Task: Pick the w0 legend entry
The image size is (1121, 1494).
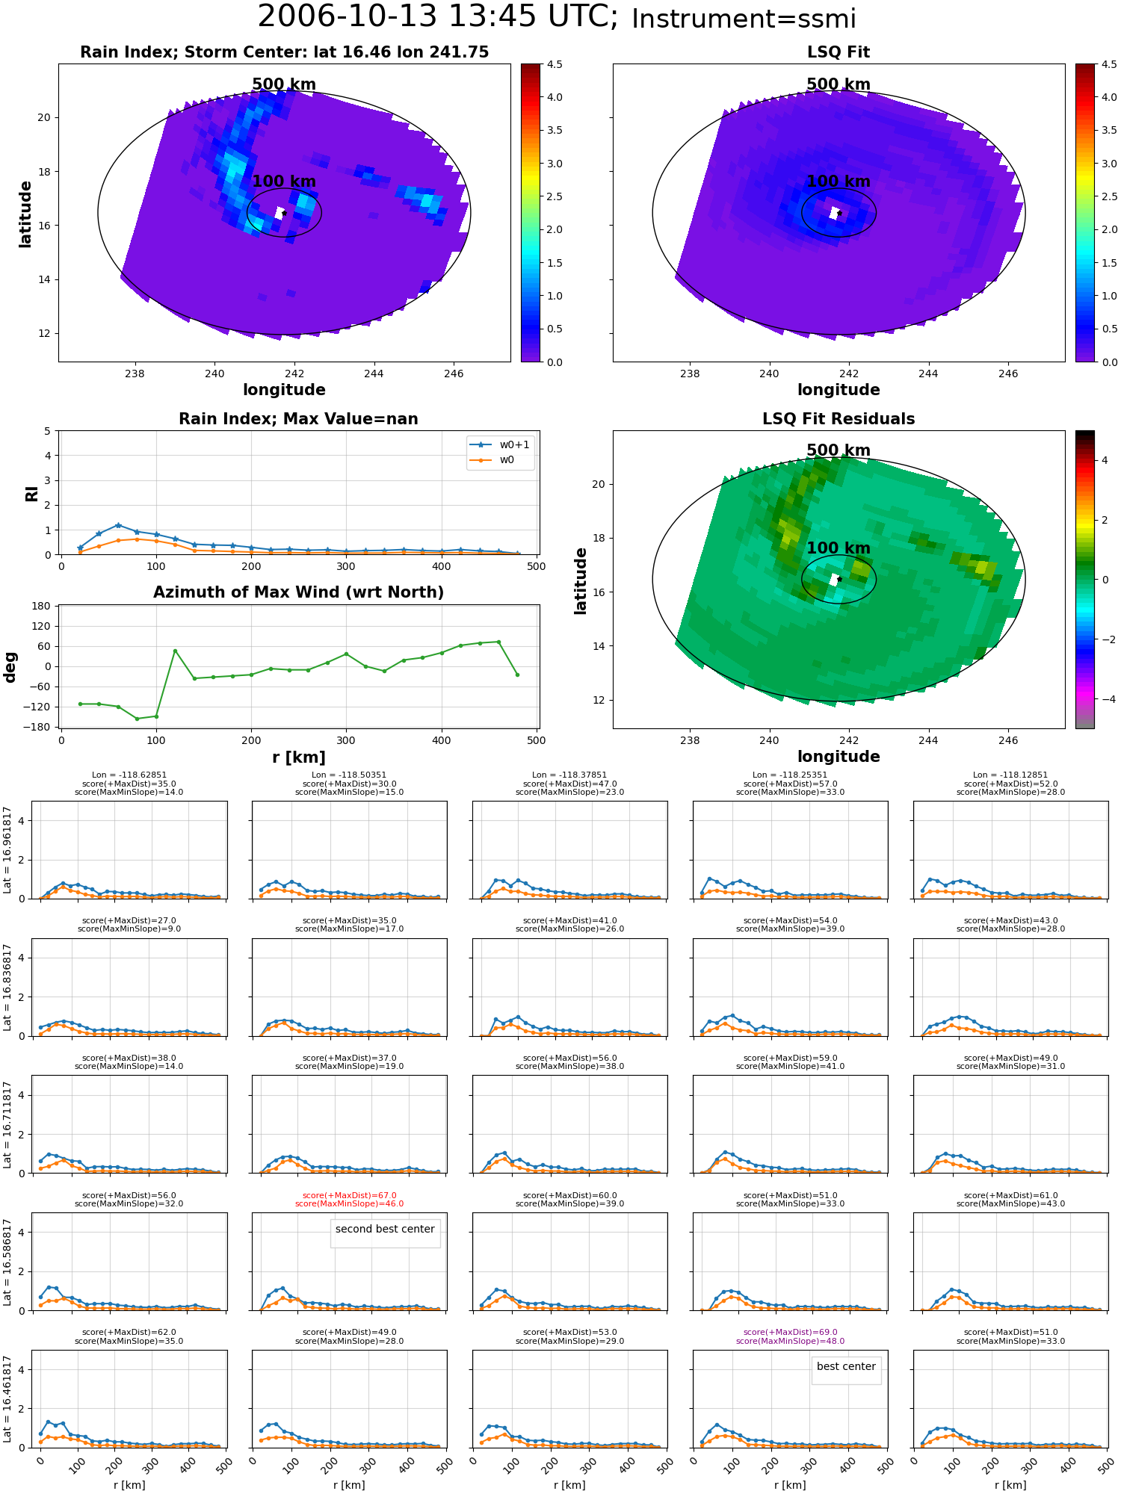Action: [x=493, y=460]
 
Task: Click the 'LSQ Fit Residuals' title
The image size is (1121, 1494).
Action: [x=839, y=419]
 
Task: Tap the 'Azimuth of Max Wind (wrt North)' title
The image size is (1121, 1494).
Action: [x=299, y=592]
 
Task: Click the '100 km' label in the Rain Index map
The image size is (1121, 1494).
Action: [x=284, y=182]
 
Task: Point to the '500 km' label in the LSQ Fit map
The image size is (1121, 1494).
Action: [x=839, y=84]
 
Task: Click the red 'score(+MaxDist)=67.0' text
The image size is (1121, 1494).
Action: [x=350, y=1196]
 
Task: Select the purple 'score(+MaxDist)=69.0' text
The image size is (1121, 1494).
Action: [x=791, y=1333]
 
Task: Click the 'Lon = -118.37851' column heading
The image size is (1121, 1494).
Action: [x=569, y=775]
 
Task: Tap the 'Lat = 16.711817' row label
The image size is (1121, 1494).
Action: [x=7, y=1124]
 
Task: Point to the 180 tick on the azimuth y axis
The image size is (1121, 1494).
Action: [x=42, y=606]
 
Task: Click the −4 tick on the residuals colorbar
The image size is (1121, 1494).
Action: [x=1105, y=699]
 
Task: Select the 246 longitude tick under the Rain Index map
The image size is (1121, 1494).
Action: [x=454, y=373]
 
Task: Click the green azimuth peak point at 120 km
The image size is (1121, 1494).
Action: [x=175, y=651]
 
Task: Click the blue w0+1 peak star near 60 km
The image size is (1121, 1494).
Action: [x=118, y=525]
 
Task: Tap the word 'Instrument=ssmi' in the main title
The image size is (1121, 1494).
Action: [x=744, y=19]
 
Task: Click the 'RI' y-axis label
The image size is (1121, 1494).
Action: [x=31, y=494]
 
